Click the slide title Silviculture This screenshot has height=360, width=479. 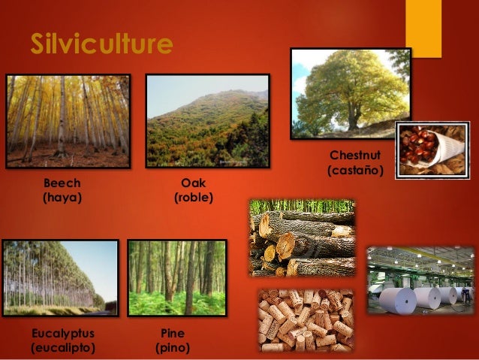[x=101, y=44]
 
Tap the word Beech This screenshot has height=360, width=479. [x=62, y=183]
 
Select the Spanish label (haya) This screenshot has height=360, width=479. [x=62, y=198]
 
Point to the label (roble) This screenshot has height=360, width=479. [x=194, y=198]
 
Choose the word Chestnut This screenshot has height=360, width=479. [x=355, y=156]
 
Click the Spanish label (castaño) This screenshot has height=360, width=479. [x=355, y=171]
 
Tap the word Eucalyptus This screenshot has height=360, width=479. [x=63, y=332]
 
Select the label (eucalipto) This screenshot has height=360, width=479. [x=63, y=348]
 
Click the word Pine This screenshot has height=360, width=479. [x=173, y=332]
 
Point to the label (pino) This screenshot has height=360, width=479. [x=173, y=348]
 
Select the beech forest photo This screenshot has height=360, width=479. [x=68, y=120]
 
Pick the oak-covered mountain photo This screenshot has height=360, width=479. [x=207, y=120]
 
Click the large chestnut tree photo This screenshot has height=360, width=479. [x=351, y=93]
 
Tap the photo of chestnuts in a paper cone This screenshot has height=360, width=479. [x=432, y=150]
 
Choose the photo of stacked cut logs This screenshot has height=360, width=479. [x=302, y=238]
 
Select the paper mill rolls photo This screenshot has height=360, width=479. [x=420, y=280]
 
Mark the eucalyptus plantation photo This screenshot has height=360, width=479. [x=60, y=277]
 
